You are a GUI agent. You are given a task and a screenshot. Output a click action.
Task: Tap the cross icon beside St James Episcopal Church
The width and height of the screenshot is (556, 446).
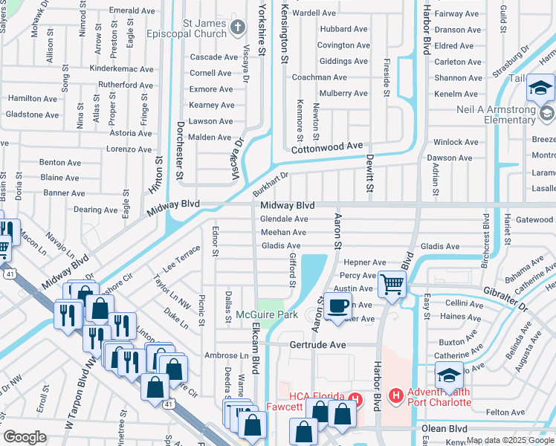[238, 28]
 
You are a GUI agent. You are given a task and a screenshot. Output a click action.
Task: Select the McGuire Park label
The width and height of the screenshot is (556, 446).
[267, 315]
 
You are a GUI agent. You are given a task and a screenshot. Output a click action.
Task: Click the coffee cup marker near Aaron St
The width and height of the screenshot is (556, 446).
[338, 306]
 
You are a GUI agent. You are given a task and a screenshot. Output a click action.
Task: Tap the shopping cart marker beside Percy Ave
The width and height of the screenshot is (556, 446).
[392, 283]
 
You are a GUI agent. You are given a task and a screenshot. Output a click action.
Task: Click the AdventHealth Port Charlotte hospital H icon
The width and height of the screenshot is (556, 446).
[396, 395]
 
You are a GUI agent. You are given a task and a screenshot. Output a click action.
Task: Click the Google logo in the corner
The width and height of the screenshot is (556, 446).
[25, 437]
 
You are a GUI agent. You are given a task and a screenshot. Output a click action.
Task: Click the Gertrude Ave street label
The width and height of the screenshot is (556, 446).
[318, 346]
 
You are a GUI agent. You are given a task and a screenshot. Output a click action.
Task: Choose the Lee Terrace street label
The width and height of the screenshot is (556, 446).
[182, 257]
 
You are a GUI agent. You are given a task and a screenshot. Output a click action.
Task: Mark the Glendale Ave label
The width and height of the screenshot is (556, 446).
[284, 219]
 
